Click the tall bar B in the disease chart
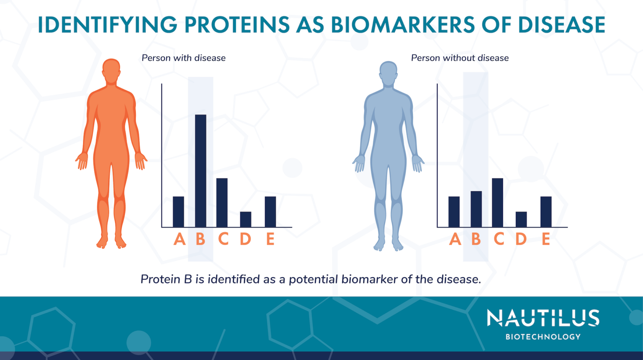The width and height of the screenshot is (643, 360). pyautogui.click(x=201, y=171)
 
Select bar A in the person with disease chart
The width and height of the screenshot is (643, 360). pyautogui.click(x=178, y=212)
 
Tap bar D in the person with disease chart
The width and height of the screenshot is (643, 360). pyautogui.click(x=246, y=219)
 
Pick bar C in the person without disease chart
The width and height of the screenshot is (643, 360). pyautogui.click(x=497, y=203)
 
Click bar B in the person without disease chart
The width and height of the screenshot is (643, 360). pyautogui.click(x=476, y=209)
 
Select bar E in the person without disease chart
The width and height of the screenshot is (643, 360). pyautogui.click(x=546, y=212)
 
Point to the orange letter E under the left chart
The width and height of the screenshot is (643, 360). pyautogui.click(x=270, y=239)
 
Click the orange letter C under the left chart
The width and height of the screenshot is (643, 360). pyautogui.click(x=224, y=239)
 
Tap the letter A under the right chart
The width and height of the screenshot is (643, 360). pyautogui.click(x=455, y=239)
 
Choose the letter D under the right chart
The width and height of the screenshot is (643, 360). pyautogui.click(x=521, y=239)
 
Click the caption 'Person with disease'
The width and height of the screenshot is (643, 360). pyautogui.click(x=183, y=58)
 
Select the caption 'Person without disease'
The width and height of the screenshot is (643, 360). pyautogui.click(x=460, y=58)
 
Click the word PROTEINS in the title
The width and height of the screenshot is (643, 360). pyautogui.click(x=237, y=25)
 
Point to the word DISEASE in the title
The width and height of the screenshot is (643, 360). pyautogui.click(x=561, y=25)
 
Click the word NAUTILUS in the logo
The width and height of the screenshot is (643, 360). pyautogui.click(x=543, y=318)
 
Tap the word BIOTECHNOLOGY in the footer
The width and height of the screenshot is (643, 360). pyautogui.click(x=543, y=337)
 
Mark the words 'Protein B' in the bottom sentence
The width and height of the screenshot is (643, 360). pyautogui.click(x=166, y=279)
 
